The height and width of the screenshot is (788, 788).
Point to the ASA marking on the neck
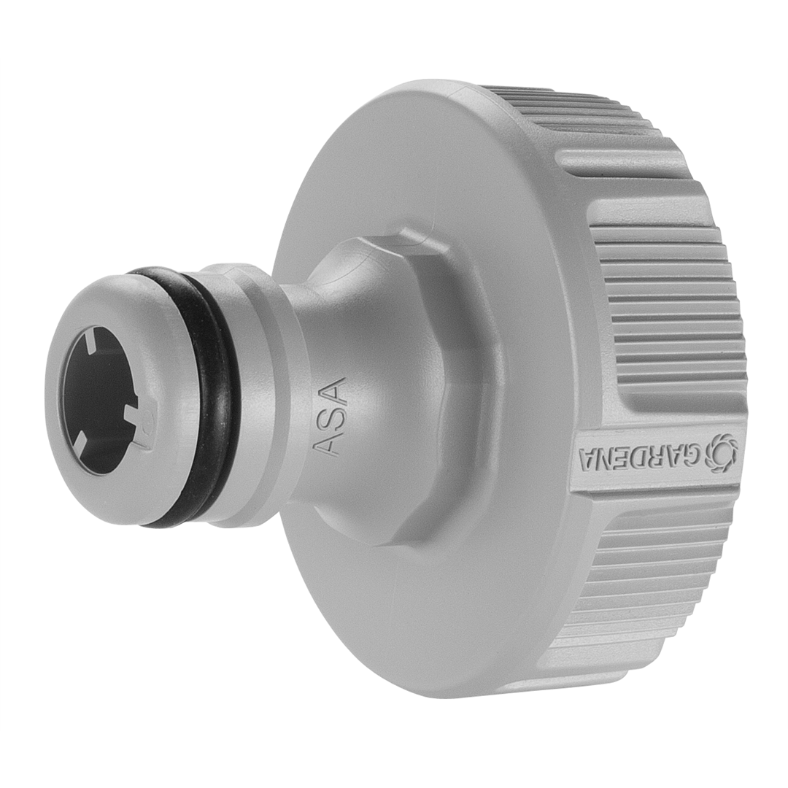pos(328,417)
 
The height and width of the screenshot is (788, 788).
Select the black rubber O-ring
pos(212,394)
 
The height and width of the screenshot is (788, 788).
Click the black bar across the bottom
pos(394,759)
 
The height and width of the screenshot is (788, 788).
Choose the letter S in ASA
pos(328,417)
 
